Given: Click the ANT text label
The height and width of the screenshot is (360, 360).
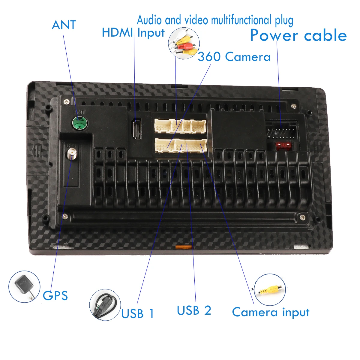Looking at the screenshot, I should (64, 25).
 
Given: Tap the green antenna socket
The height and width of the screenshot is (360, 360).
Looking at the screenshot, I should (79, 123).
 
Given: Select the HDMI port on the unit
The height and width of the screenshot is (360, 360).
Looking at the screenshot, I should (137, 129).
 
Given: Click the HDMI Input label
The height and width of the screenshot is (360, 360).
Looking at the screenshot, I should (133, 33).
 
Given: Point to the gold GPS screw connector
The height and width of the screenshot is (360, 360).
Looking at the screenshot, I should (72, 154).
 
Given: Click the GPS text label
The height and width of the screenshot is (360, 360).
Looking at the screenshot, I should (55, 295).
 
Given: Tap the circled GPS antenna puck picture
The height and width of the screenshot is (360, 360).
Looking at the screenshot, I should (24, 286).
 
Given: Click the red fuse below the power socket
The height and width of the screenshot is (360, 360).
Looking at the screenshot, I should (283, 146).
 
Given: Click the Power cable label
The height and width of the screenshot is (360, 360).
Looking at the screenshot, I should (298, 35).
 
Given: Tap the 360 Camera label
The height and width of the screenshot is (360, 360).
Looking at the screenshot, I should (234, 57).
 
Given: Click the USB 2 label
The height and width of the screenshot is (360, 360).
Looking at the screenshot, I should (194, 310).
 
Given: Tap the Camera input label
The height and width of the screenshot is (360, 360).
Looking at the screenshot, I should (270, 312).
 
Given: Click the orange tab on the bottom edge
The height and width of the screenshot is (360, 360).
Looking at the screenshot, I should (183, 247).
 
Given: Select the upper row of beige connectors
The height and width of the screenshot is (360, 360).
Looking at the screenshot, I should (180, 126).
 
